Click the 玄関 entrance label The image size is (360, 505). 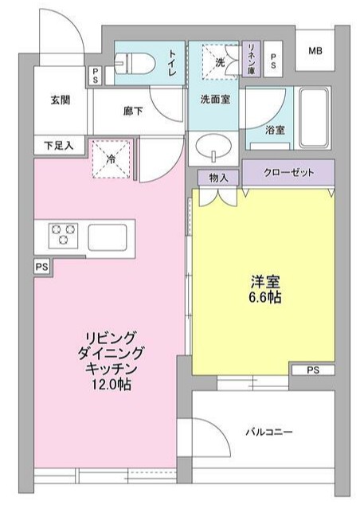point(60,100)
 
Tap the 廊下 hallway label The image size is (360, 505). point(133,112)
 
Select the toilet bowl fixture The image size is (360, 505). point(130,62)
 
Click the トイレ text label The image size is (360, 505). point(172,62)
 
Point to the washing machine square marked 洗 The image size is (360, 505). point(215,58)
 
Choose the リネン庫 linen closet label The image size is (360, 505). point(252,57)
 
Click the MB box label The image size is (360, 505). point(315,51)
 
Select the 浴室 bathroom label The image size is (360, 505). point(275,129)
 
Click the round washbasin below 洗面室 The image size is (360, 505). point(213,148)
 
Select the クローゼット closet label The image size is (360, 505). point(288,172)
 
